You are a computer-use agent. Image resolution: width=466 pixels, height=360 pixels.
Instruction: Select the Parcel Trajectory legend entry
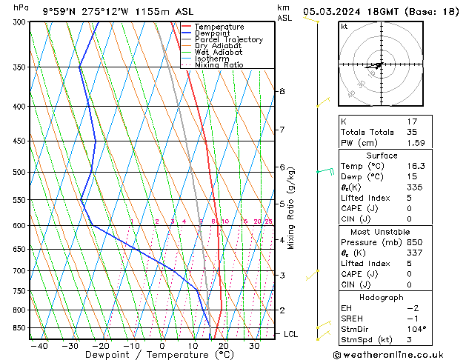(x=228, y=40)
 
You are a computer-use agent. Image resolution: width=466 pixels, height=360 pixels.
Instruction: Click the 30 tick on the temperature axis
(x=254, y=345)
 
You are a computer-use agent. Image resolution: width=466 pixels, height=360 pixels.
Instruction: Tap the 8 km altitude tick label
(x=282, y=91)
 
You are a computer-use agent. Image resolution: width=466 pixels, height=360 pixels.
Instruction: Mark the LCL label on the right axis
(x=292, y=334)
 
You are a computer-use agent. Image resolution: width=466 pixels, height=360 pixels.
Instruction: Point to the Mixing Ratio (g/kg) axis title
(x=291, y=208)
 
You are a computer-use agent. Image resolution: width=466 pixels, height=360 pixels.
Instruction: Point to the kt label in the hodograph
(x=344, y=27)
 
